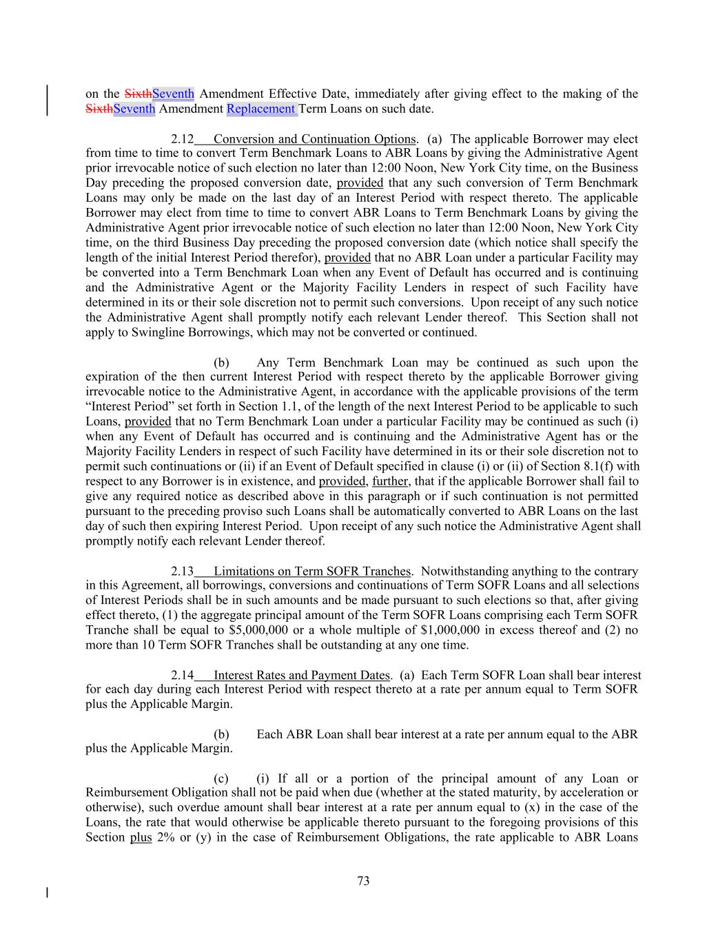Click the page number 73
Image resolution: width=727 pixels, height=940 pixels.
click(x=363, y=881)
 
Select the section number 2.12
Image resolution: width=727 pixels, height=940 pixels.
click(x=183, y=139)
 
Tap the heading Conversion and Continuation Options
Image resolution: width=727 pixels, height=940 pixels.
click(x=314, y=139)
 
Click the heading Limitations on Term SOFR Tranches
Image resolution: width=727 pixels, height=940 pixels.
click(x=312, y=571)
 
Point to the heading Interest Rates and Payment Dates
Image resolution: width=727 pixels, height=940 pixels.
click(x=302, y=676)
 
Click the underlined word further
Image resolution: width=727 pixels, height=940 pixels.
click(x=391, y=481)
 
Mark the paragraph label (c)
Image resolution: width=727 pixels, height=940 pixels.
click(x=221, y=778)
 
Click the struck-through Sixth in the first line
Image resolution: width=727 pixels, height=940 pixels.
click(x=138, y=94)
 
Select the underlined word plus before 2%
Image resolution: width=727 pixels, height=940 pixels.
click(x=141, y=837)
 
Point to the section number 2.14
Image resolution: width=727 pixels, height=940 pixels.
click(x=183, y=676)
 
